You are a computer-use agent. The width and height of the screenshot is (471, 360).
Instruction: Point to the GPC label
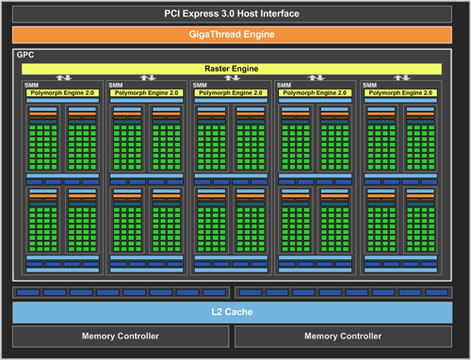tap(25, 56)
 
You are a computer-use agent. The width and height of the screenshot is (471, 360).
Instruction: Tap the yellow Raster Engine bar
tap(232, 69)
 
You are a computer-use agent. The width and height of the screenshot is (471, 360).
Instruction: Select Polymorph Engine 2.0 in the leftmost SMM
tap(62, 93)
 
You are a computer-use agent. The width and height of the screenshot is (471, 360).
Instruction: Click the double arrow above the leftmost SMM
tap(63, 78)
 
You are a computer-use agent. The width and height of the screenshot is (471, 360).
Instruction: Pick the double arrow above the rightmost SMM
tap(401, 78)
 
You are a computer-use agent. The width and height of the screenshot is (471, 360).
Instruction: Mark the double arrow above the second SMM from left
tap(148, 78)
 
